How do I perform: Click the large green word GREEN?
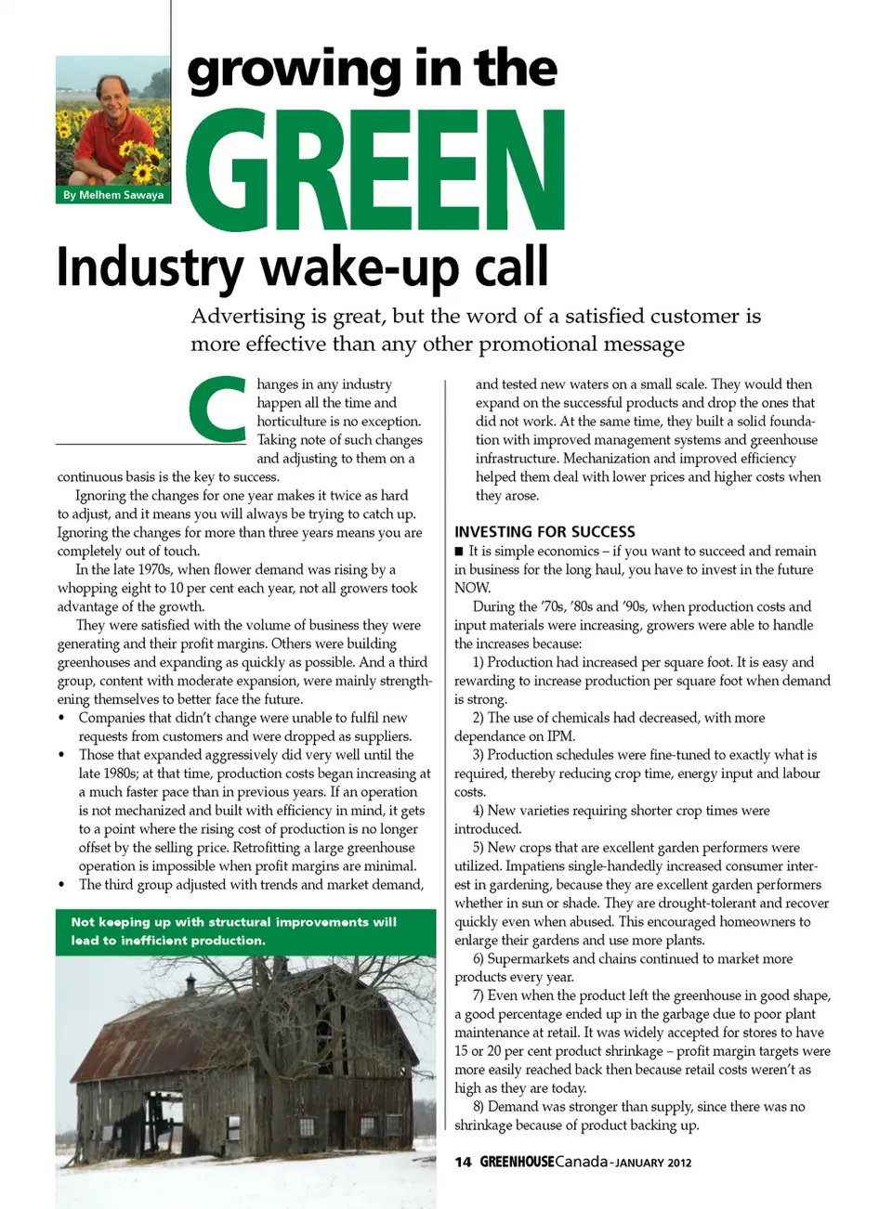pos(375,171)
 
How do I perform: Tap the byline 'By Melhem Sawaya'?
pos(113,195)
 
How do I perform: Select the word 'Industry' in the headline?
pos(149,267)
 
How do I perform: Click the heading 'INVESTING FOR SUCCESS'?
pos(544,532)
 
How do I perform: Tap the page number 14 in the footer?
pos(463,1162)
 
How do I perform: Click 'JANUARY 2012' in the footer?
pos(654,1163)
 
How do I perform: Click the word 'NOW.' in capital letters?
pos(473,588)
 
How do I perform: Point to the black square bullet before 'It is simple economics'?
pos(459,552)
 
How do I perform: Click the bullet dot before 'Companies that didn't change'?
pos(61,719)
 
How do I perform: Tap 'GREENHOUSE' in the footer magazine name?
pos(517,1162)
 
